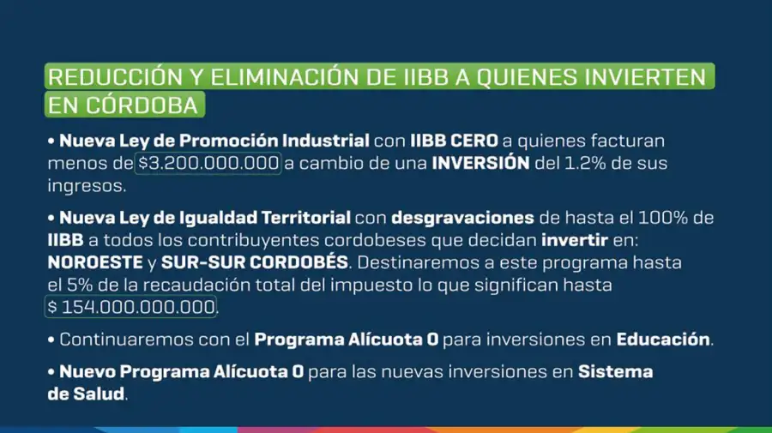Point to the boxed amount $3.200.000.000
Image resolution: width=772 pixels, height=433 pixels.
pos(208,163)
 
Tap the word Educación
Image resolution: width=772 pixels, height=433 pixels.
pos(663,339)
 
